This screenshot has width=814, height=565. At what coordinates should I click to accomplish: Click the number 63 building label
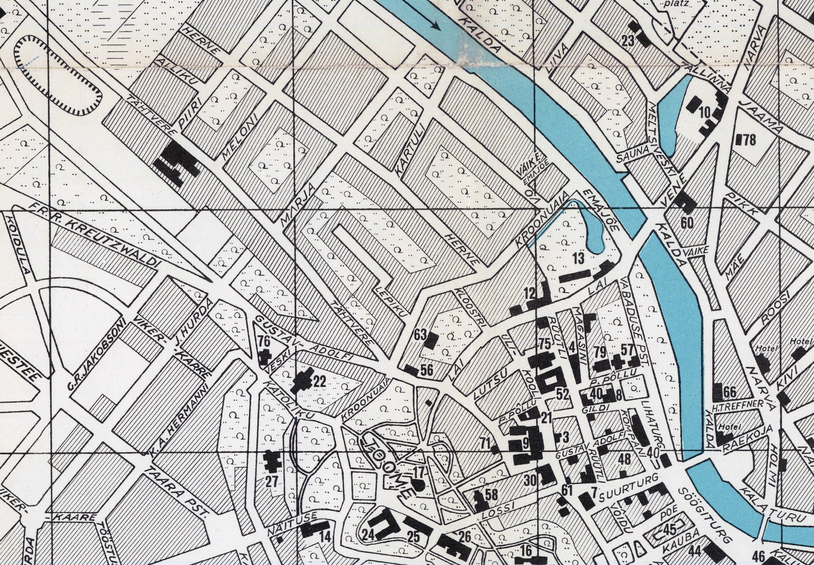coord(420,336)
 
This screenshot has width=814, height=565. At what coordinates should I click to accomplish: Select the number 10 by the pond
coord(705,113)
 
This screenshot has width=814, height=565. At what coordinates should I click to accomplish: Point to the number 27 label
coord(272,481)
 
